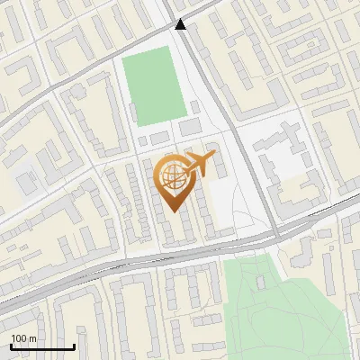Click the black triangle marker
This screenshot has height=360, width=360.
click(x=181, y=24)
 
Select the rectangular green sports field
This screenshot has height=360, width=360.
click(x=154, y=87)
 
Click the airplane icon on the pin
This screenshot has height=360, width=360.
click(x=199, y=165)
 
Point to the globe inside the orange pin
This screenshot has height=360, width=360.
click(x=172, y=177)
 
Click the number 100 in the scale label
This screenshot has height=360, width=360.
click(x=19, y=338)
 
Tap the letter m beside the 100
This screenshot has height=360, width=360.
click(x=32, y=338)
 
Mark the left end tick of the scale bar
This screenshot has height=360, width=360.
click(x=11, y=346)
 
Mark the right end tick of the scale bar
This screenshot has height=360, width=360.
click(x=74, y=346)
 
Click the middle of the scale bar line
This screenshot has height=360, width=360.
click(x=42, y=347)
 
